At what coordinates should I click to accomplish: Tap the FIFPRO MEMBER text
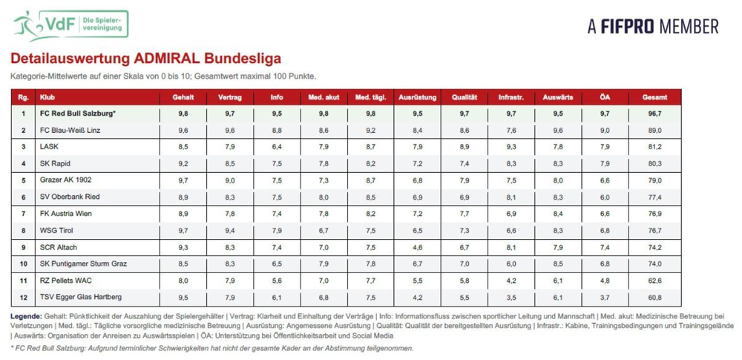click(653, 27)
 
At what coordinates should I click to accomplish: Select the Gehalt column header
click(183, 97)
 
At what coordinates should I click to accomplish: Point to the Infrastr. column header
click(511, 97)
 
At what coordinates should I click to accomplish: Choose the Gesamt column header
click(655, 97)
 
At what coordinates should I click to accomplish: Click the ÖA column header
click(605, 97)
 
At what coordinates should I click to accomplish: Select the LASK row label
click(50, 147)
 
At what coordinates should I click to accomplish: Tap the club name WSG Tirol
click(57, 230)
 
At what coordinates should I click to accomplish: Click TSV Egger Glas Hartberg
click(81, 297)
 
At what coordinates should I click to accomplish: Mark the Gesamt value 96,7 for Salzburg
click(655, 114)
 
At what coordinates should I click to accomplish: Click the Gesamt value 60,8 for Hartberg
click(655, 298)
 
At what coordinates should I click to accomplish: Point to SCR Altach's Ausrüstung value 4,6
click(417, 247)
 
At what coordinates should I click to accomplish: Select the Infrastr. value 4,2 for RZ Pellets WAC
click(511, 281)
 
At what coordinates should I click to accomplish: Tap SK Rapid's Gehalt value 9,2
click(183, 163)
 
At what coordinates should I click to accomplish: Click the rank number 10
click(24, 264)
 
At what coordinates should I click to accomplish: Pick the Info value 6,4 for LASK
click(277, 147)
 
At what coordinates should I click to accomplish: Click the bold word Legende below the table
click(26, 316)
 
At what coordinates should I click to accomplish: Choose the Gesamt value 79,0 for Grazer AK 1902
click(655, 180)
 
